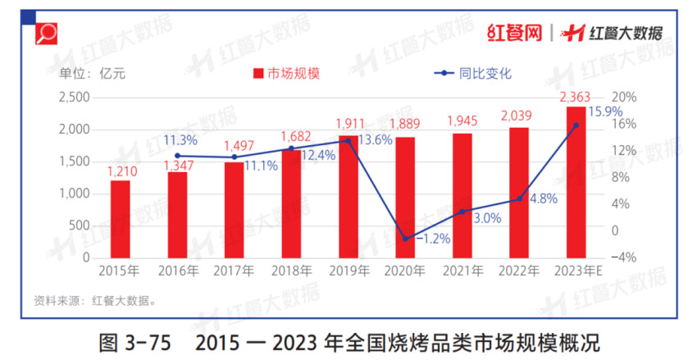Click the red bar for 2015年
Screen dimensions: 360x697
click(120, 218)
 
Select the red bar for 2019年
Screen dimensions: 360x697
click(348, 196)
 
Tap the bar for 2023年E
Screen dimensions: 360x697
click(576, 181)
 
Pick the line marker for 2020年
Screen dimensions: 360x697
click(404, 239)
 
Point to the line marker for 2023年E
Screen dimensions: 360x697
click(576, 125)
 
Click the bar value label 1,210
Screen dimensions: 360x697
click(120, 172)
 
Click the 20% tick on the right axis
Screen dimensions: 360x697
click(625, 98)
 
